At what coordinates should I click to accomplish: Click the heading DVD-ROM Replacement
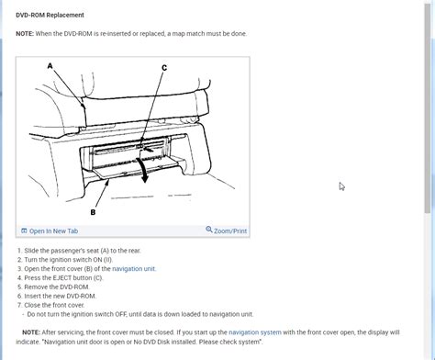(x=50, y=15)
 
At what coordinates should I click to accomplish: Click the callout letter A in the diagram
(x=50, y=66)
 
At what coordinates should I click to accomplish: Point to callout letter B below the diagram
(x=93, y=212)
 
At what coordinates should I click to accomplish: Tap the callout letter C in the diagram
(x=164, y=68)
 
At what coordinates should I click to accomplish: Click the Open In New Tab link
(x=53, y=231)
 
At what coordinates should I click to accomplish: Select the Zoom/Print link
(x=230, y=231)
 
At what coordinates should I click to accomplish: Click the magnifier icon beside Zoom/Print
(x=209, y=230)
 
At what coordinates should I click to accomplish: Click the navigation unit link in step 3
(x=134, y=269)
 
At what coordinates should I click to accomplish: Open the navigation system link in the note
(x=255, y=332)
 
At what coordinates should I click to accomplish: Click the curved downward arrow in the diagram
(x=143, y=170)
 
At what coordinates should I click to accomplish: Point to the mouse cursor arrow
(x=341, y=186)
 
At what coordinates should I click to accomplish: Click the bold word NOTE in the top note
(x=25, y=34)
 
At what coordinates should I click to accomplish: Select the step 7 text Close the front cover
(x=54, y=305)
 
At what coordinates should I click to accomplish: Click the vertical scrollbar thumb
(x=428, y=107)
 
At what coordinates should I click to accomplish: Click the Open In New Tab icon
(x=24, y=231)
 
